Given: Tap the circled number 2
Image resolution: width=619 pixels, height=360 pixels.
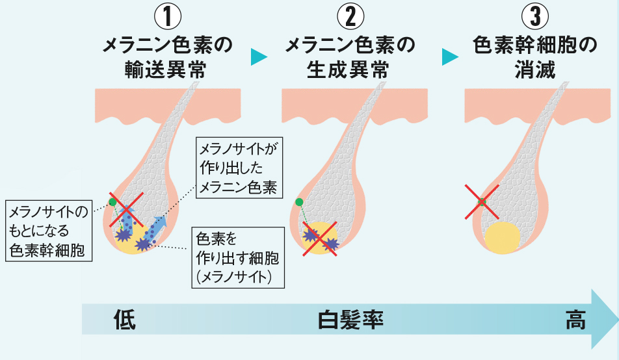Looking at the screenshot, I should pyautogui.click(x=350, y=15).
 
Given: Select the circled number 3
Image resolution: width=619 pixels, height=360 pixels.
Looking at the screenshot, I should pyautogui.click(x=535, y=15).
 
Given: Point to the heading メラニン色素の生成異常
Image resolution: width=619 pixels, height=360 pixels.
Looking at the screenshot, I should pyautogui.click(x=350, y=57).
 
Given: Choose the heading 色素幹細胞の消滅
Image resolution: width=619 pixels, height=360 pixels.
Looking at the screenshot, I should pyautogui.click(x=535, y=57).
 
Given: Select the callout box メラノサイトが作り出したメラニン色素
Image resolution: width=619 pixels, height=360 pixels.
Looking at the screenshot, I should pyautogui.click(x=238, y=168).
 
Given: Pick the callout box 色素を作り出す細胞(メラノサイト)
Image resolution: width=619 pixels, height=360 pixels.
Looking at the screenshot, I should pyautogui.click(x=237, y=255).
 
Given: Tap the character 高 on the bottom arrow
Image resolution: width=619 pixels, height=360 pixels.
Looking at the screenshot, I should pyautogui.click(x=575, y=320).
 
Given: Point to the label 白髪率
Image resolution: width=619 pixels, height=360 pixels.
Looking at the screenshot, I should pyautogui.click(x=350, y=320).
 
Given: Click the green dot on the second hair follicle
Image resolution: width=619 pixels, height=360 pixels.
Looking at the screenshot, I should pyautogui.click(x=299, y=202).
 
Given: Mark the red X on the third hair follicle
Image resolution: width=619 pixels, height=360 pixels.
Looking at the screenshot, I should pyautogui.click(x=482, y=201).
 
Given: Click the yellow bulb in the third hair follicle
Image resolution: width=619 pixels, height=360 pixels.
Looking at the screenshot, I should pyautogui.click(x=503, y=238).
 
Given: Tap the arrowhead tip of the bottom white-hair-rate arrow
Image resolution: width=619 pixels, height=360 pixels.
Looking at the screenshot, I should pyautogui.click(x=614, y=320).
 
